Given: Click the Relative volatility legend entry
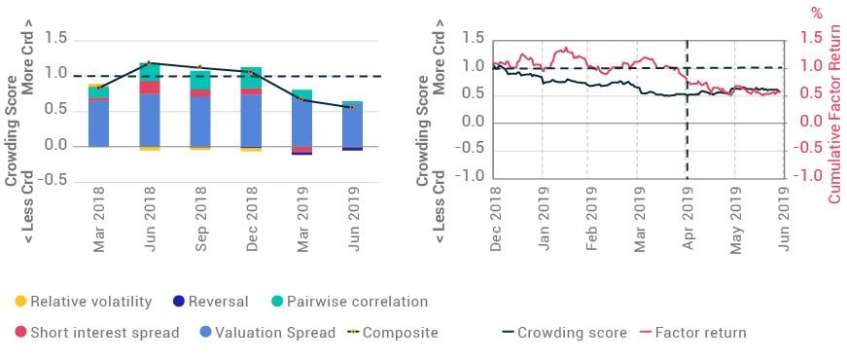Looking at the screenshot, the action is (x=83, y=302).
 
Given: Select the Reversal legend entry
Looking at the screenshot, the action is (x=210, y=302).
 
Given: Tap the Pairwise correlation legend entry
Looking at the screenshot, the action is (x=349, y=302).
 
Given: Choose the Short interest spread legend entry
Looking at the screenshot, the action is (x=96, y=333).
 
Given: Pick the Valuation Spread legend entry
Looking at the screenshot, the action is (x=267, y=333).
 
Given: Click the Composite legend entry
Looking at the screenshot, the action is (x=393, y=333).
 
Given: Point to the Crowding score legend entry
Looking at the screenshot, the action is (x=564, y=333).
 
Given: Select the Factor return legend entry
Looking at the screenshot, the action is (x=692, y=333).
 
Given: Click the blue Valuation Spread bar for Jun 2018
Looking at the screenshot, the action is (x=150, y=120).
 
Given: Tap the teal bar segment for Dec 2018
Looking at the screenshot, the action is (x=251, y=77).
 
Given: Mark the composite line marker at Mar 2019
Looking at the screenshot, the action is (x=301, y=99).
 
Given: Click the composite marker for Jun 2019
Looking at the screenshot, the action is (x=352, y=107).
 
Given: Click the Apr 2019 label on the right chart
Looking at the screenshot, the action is (x=688, y=219).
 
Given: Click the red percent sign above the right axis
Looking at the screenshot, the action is (x=818, y=13).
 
